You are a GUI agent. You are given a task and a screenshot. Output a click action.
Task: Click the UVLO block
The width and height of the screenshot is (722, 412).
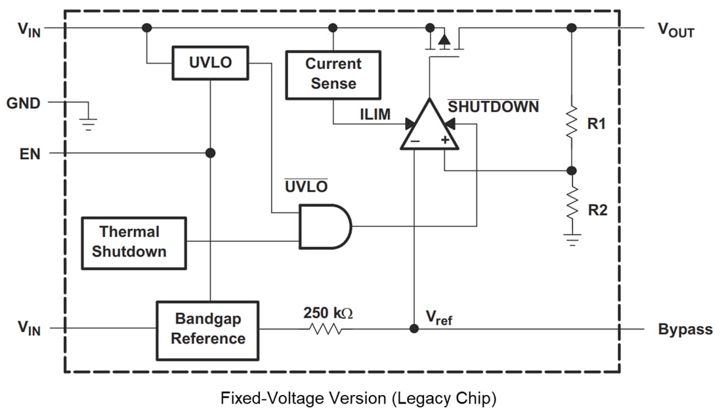click(210, 63)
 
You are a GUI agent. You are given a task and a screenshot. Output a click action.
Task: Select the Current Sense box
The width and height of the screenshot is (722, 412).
click(333, 74)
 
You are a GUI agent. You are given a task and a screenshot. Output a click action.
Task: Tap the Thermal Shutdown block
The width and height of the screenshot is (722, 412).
click(133, 242)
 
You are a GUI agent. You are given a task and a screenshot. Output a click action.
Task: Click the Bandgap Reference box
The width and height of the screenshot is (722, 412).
click(207, 329)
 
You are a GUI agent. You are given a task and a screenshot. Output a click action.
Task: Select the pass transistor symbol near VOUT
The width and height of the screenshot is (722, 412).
click(444, 41)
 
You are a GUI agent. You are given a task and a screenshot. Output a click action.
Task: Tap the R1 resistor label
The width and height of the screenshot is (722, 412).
click(597, 124)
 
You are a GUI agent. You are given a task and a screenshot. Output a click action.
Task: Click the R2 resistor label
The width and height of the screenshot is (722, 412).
click(597, 210)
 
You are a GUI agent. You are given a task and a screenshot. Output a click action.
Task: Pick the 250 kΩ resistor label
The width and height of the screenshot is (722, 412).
click(328, 313)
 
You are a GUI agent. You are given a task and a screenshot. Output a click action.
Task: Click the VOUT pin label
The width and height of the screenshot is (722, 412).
click(675, 31)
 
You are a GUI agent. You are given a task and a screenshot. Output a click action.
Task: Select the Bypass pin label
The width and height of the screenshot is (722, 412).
click(685, 329)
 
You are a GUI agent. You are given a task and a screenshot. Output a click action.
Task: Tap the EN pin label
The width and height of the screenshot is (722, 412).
click(30, 154)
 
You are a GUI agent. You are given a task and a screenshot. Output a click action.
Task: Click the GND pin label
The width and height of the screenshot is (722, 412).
click(24, 103)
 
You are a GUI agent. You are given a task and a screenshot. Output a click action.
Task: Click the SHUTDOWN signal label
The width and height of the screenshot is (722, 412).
click(493, 106)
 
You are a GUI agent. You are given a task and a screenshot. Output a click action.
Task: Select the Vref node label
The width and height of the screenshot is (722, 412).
click(438, 318)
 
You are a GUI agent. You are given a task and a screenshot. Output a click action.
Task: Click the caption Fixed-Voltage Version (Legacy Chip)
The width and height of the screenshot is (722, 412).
click(358, 398)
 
